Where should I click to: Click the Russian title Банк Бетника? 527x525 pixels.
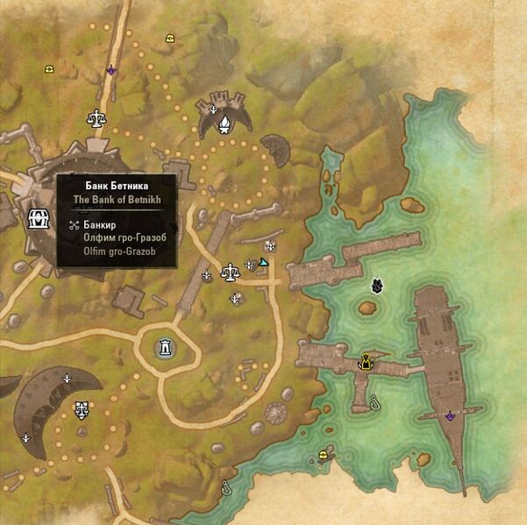pyautogui.click(x=116, y=185)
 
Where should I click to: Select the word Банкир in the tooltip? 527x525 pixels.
pyautogui.click(x=102, y=225)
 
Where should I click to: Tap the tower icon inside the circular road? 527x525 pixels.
pyautogui.click(x=164, y=348)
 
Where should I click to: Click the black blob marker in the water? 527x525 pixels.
pyautogui.click(x=376, y=285)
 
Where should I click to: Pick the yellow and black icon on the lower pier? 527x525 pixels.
pyautogui.click(x=366, y=359)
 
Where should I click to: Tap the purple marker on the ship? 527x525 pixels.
pyautogui.click(x=450, y=415)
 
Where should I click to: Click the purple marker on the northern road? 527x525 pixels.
pyautogui.click(x=111, y=70)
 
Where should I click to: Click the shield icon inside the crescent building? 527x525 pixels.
pyautogui.click(x=82, y=409)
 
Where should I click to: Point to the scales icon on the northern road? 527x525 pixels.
pyautogui.click(x=94, y=117)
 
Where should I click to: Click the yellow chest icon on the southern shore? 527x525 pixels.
pyautogui.click(x=325, y=454)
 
